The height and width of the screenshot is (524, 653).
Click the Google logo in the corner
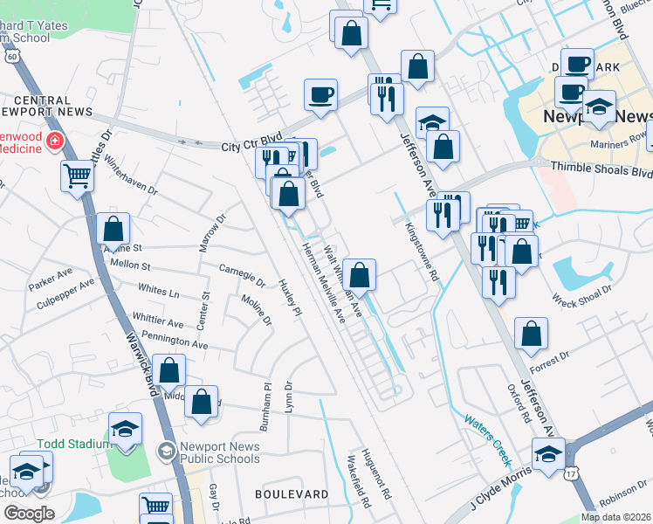tap(29, 514)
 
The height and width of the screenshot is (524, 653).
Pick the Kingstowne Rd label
tap(422, 247)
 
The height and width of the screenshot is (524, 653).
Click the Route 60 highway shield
tap(11, 55)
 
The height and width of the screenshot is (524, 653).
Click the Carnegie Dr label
tap(242, 275)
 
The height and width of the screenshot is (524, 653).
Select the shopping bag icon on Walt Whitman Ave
tap(359, 273)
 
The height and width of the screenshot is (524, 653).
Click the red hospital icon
tap(55, 141)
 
